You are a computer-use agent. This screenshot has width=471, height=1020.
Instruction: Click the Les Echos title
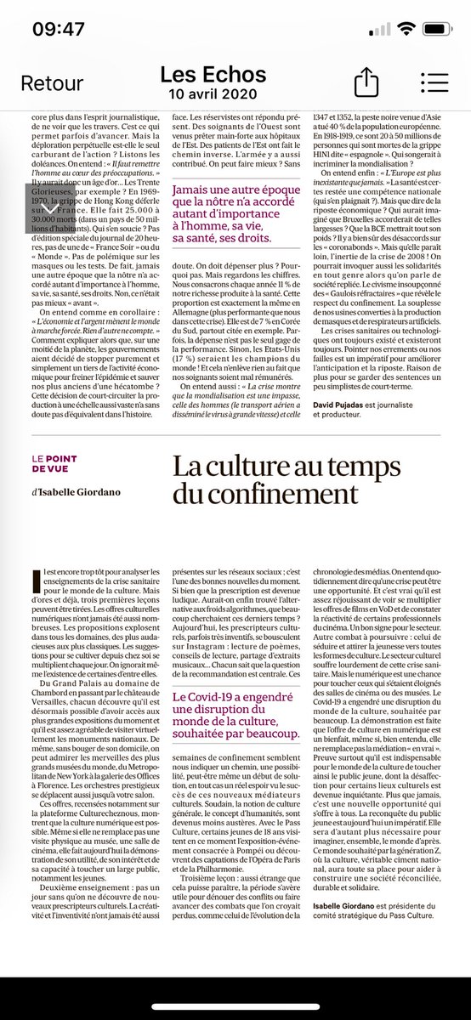213,74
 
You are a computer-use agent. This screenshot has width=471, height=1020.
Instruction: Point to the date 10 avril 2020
213,93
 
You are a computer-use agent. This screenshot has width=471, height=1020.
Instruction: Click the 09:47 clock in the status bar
58,29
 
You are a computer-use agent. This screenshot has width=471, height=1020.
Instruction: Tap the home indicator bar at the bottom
235,1008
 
